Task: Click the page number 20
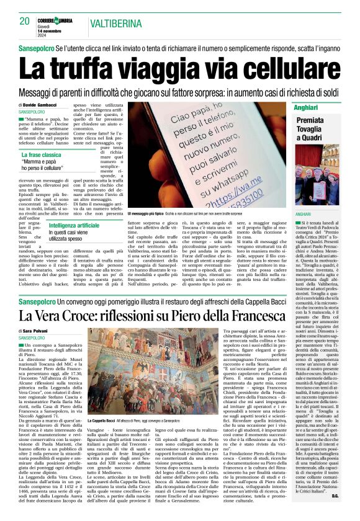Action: (25, 21)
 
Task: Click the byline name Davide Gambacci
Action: (41, 105)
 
